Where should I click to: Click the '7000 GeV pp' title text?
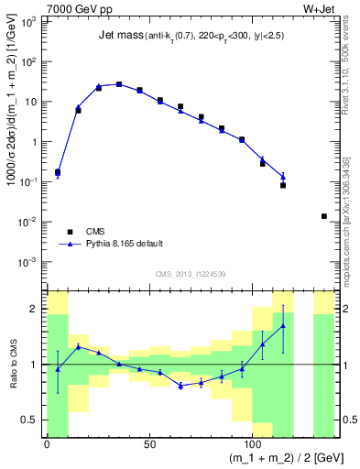pos(75,7)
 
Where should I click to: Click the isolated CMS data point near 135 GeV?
pos(323,216)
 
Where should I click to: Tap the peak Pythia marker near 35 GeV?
pos(119,84)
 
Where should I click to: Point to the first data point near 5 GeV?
pos(58,172)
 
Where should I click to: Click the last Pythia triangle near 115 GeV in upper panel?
pos(283,177)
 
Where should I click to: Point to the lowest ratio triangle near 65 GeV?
pos(180,386)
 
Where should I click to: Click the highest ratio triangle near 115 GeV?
pos(283,325)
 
